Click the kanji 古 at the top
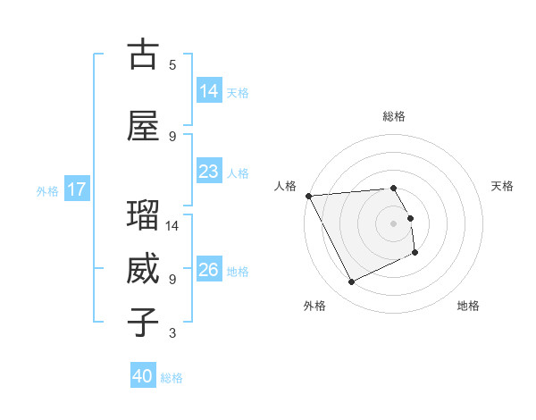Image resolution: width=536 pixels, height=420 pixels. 143,55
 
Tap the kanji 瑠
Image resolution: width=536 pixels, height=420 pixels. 143,215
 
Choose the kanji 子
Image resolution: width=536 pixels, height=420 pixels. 143,323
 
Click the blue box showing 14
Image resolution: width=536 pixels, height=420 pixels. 209,91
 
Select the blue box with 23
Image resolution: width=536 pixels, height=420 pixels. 209,172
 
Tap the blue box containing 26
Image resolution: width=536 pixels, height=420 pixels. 209,270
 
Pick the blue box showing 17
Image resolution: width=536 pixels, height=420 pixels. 77,189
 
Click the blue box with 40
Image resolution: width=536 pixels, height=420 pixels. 143,376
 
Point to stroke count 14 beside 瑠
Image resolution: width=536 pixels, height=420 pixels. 173,226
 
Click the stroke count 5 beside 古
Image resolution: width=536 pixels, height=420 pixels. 172,65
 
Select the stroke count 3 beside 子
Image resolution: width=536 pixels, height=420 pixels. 172,333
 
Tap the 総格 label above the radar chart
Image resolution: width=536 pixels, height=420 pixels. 394,116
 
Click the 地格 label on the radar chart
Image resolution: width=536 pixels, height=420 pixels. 468,306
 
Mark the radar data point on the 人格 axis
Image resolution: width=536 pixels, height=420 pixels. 308,195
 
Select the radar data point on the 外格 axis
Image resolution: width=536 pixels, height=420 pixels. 351,282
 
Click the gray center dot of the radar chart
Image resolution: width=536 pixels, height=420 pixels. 394,223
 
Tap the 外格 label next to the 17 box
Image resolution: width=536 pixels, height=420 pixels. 47,190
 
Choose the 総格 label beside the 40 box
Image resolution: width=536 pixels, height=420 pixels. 172,378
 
